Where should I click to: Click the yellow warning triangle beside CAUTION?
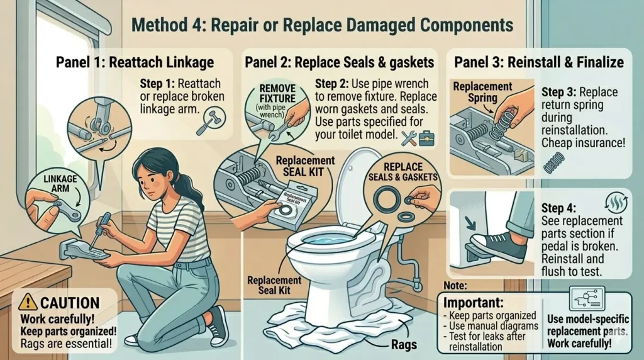tap(28, 302)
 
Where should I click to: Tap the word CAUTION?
tap(70, 303)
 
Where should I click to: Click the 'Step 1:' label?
tap(158, 84)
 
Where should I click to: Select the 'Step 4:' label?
tap(558, 208)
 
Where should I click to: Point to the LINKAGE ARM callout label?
tap(60, 184)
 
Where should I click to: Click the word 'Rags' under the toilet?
tap(404, 344)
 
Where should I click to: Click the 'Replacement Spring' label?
tap(482, 92)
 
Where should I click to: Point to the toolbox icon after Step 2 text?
tap(426, 138)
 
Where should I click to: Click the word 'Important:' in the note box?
tap(473, 303)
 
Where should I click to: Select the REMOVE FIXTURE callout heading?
tap(277, 94)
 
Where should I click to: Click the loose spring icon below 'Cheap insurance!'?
tap(554, 162)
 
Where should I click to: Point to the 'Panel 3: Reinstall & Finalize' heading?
tap(538, 62)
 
